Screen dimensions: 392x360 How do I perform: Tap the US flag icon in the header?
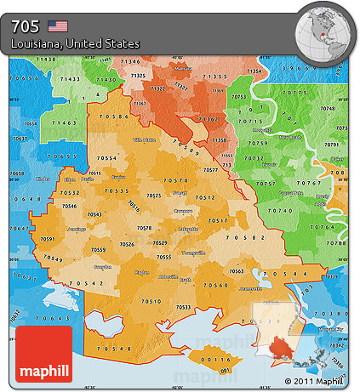click(58, 26)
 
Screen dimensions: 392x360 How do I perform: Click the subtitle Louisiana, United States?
click(76, 43)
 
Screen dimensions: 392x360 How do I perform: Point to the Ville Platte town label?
click(145, 139)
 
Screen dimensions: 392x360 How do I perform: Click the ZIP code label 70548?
click(114, 349)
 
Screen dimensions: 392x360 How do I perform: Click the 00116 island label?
click(216, 360)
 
